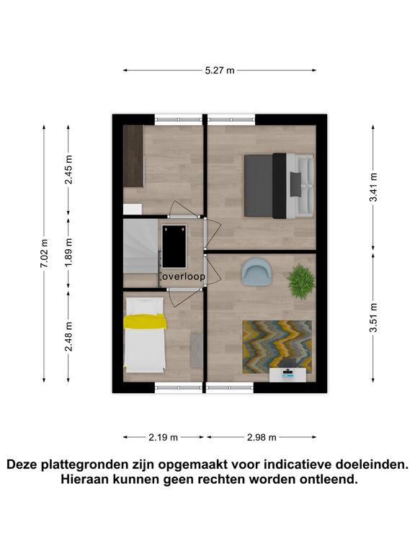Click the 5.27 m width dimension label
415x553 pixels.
coord(220,70)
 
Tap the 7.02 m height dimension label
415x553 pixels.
coord(44,253)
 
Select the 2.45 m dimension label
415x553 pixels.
coord(68,170)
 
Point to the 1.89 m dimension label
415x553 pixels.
coord(68,252)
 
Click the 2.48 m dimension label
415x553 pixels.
coord(68,336)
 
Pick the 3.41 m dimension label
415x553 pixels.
coord(373,187)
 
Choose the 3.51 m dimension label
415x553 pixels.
coord(373,318)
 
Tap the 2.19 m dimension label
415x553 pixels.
coord(163,437)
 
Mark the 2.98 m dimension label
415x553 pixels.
coord(262,437)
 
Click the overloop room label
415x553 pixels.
coord(183,276)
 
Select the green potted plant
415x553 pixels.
coord(301,282)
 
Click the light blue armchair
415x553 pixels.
coord(256,271)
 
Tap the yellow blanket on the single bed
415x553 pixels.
coord(145,321)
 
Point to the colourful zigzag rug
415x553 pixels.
coord(277,346)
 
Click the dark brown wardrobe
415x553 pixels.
coord(133,156)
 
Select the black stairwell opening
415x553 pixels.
coord(174,246)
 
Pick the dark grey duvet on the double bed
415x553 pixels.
coord(259,186)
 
